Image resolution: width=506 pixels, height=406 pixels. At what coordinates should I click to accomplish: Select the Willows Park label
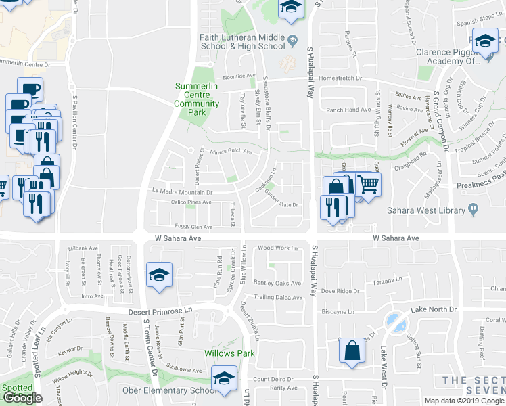tap(229, 353)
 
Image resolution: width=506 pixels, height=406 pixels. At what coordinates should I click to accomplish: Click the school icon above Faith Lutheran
tap(292, 8)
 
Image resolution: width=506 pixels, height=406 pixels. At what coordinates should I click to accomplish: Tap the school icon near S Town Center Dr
tap(159, 275)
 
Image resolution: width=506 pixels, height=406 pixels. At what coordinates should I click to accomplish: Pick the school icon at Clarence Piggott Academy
tap(484, 42)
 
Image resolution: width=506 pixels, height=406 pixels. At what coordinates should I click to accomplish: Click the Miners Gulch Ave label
tap(231, 152)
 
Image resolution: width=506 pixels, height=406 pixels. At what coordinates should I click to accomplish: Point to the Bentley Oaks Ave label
tap(277, 283)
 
